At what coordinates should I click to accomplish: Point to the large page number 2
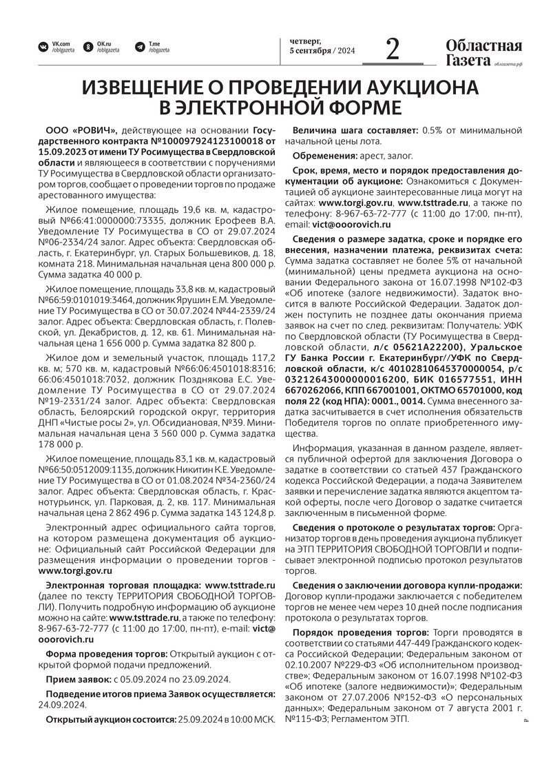(x=393, y=50)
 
